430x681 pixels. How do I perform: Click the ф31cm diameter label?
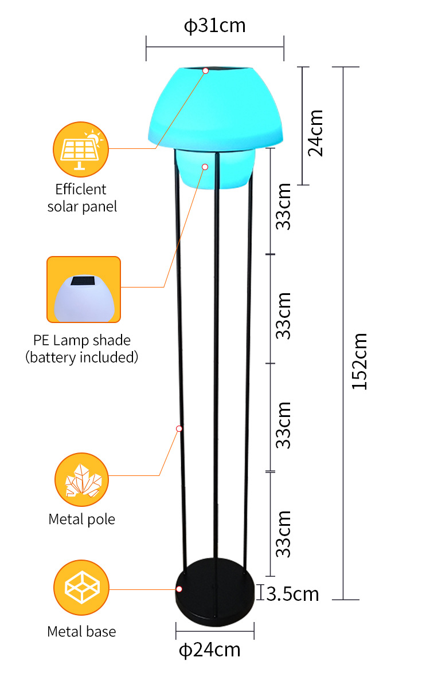214,26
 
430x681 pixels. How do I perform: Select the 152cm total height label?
359,361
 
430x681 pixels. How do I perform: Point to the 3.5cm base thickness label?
292,594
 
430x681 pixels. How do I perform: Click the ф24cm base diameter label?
210,649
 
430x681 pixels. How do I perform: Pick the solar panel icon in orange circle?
80,149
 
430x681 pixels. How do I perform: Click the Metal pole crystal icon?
81,479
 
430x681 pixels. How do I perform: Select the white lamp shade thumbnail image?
84,289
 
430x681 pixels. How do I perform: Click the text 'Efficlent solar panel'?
81,198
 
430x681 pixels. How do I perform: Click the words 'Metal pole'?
81,519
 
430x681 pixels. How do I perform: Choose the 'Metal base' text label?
81,632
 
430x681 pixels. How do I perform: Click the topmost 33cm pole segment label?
283,206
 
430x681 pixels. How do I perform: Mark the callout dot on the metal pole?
179,428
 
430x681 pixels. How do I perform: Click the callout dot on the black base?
179,589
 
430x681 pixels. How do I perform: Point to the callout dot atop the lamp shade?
205,70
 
